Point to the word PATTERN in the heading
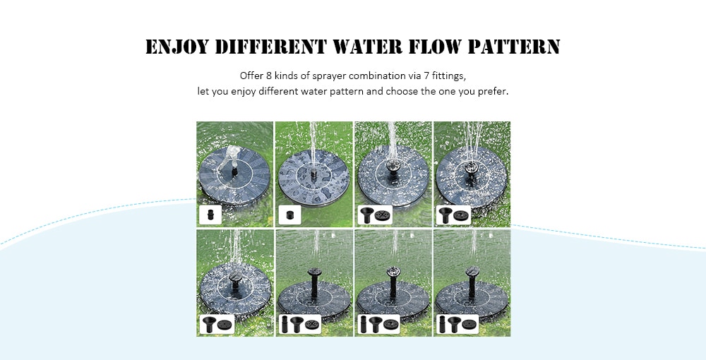[x=516, y=47]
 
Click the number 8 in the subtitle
[x=269, y=76]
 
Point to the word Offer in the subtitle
[x=251, y=76]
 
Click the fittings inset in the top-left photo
[x=210, y=213]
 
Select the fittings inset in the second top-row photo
[x=289, y=213]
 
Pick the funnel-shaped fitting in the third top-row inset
[x=368, y=213]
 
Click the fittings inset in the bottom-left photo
[x=217, y=323]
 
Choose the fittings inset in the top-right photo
[x=453, y=213]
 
